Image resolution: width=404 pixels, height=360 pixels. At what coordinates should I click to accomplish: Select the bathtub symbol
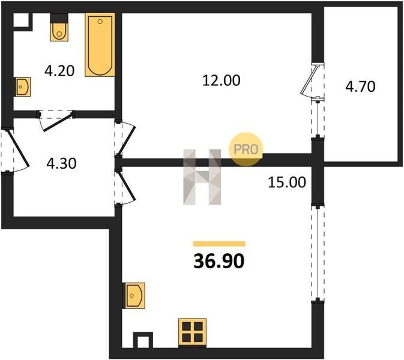pos(100,45)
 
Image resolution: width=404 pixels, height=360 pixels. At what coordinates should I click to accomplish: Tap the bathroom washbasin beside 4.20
pos(23,87)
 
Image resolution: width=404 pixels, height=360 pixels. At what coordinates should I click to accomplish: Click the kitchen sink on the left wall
pos(135,295)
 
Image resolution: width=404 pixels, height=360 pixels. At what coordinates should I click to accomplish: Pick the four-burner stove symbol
pos(193,332)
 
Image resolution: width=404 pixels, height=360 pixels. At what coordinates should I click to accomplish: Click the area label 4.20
pos(59,71)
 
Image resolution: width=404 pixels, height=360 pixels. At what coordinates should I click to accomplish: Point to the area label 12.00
pos(222,80)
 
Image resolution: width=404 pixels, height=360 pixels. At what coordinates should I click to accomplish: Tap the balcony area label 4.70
pos(360,86)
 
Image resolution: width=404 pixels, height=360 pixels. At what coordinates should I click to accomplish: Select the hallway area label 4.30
pos(62,164)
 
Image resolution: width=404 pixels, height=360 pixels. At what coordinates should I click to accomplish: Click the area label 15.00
pos(287,182)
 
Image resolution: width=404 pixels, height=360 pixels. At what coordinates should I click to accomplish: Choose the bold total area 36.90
pos(219,261)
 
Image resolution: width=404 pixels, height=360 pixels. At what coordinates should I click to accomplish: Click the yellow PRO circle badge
pos(246,149)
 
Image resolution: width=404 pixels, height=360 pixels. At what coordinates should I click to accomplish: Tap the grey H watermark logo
pos(202,177)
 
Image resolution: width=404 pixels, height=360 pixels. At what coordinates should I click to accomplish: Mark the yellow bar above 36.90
pos(219,244)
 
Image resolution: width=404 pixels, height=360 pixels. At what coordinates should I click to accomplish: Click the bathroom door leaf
pos(58,121)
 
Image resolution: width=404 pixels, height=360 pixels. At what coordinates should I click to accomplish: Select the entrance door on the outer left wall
pos(18,148)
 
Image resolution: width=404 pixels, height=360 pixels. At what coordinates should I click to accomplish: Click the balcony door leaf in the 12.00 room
pos(309,79)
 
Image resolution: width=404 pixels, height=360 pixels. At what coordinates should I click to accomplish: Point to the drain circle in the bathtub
pos(100,22)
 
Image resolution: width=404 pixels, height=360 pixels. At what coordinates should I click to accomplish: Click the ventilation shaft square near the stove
pos(143,341)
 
